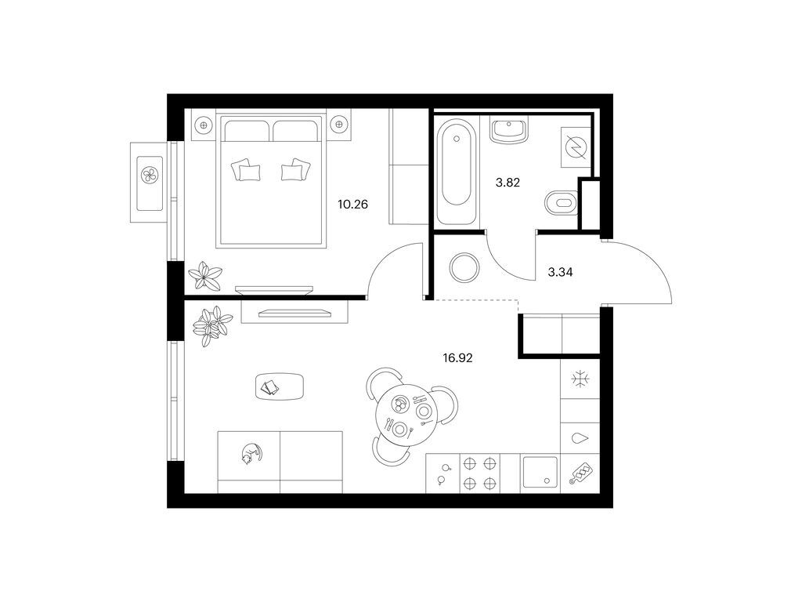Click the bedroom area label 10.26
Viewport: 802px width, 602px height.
click(353, 205)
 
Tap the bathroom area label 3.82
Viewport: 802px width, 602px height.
click(508, 183)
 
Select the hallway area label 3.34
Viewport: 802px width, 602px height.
click(560, 272)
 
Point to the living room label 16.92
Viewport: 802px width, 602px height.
click(457, 358)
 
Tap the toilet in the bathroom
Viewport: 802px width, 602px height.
click(562, 202)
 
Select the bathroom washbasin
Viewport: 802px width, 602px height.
click(508, 131)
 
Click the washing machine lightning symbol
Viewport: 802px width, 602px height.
click(576, 147)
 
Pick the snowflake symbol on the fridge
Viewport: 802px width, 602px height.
click(580, 379)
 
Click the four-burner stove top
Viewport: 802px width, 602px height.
click(480, 473)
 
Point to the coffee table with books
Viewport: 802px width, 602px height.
click(280, 387)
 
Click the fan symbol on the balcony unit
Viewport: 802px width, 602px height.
click(150, 175)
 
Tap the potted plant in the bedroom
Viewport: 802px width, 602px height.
click(205, 277)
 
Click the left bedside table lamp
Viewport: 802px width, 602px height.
click(204, 125)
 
